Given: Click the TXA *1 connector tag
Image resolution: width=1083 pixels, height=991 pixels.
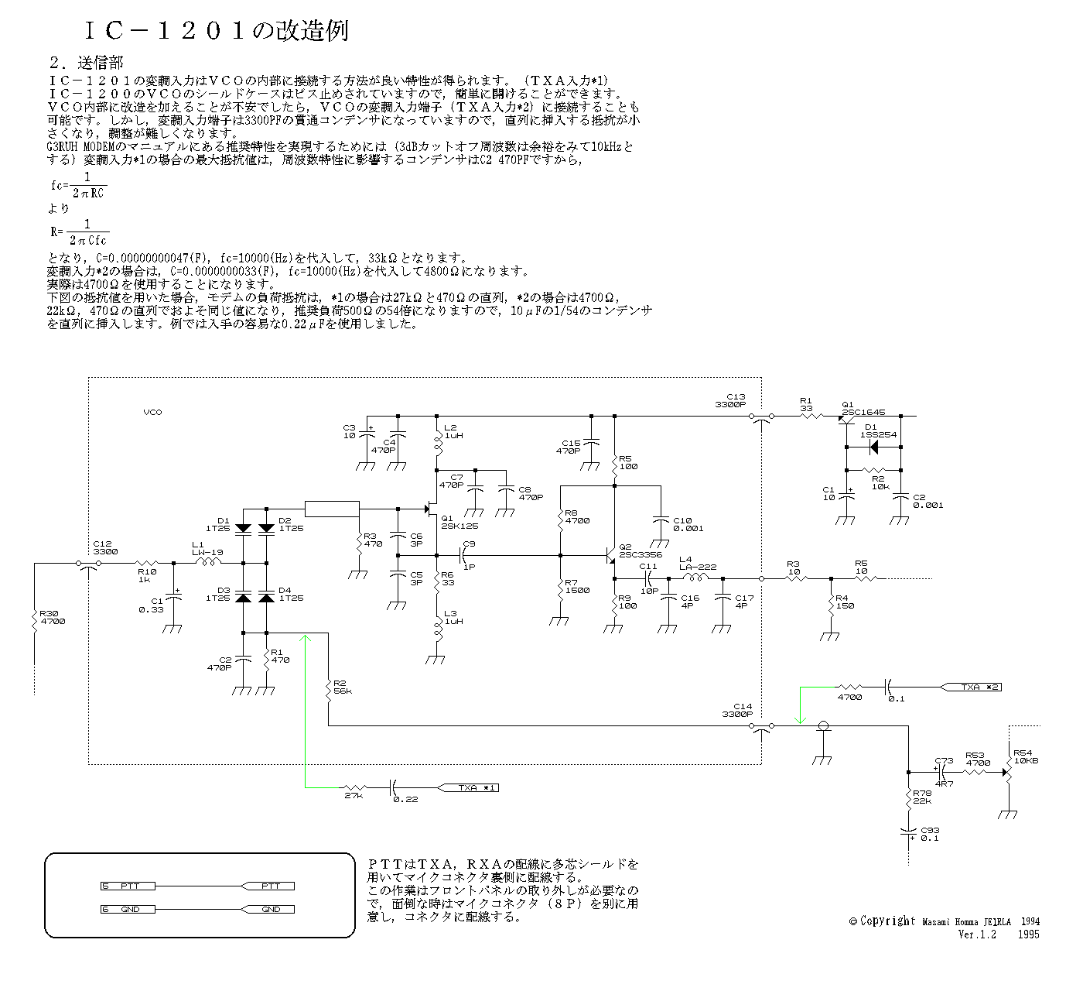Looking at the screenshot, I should click(470, 787).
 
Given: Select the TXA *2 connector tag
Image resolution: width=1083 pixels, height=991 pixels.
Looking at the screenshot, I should click(972, 687).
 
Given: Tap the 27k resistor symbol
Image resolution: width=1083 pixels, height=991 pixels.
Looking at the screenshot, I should click(354, 787).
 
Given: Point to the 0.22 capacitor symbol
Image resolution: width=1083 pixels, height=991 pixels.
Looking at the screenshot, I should click(392, 787).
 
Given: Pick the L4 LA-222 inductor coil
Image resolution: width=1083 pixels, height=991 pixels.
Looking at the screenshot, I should click(695, 578).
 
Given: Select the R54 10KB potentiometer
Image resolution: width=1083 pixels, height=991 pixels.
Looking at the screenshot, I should click(1009, 772).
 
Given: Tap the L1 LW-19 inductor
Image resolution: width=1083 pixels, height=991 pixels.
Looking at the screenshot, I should click(207, 563).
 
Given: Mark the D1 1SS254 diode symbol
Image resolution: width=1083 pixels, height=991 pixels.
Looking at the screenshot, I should click(873, 447).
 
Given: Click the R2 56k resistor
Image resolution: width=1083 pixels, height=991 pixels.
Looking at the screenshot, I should click(329, 688).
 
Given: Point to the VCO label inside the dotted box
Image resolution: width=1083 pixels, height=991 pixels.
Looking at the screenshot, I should click(153, 413).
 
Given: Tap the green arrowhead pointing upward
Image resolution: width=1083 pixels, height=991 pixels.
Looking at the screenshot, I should click(306, 639).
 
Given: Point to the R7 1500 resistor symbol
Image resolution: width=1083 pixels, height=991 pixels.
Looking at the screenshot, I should click(559, 591).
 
